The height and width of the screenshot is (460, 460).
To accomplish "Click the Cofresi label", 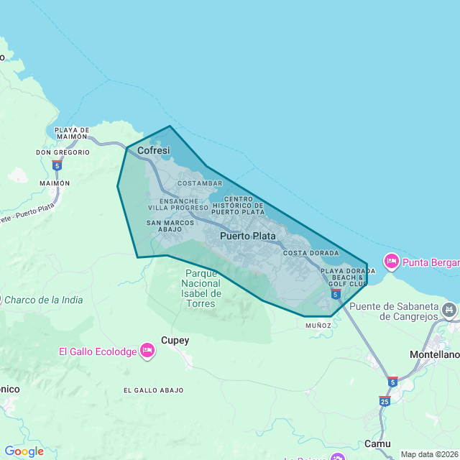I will tap(154, 151).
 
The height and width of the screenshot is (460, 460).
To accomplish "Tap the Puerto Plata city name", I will tap(248, 236).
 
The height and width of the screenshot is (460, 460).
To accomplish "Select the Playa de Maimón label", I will tap(72, 134).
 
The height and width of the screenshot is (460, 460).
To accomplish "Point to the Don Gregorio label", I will tap(63, 152).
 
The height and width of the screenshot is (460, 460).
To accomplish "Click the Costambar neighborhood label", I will tap(199, 183).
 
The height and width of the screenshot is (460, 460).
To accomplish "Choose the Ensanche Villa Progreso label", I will tap(184, 204).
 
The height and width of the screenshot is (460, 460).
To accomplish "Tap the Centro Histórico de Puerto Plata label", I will tap(238, 205).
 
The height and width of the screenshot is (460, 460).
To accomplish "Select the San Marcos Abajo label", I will tap(170, 226).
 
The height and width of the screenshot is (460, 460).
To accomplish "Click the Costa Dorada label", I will tap(310, 254).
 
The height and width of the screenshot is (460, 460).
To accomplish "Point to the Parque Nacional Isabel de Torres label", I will tap(201, 288).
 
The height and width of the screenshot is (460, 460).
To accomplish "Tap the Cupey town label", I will tap(175, 341).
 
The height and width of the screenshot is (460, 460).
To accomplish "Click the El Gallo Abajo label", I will tap(153, 390).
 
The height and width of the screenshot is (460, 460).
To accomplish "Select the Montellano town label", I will tap(434, 355).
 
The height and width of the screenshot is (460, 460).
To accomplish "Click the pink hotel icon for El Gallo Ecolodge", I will tap(147, 350).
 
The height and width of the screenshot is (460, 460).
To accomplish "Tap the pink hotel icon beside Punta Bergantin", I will tap(392, 262).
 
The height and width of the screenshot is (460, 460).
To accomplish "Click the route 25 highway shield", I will tap(385, 401).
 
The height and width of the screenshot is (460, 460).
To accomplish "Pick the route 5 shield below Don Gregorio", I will tap(57, 165).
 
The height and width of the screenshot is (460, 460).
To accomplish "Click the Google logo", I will tap(24, 451).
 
